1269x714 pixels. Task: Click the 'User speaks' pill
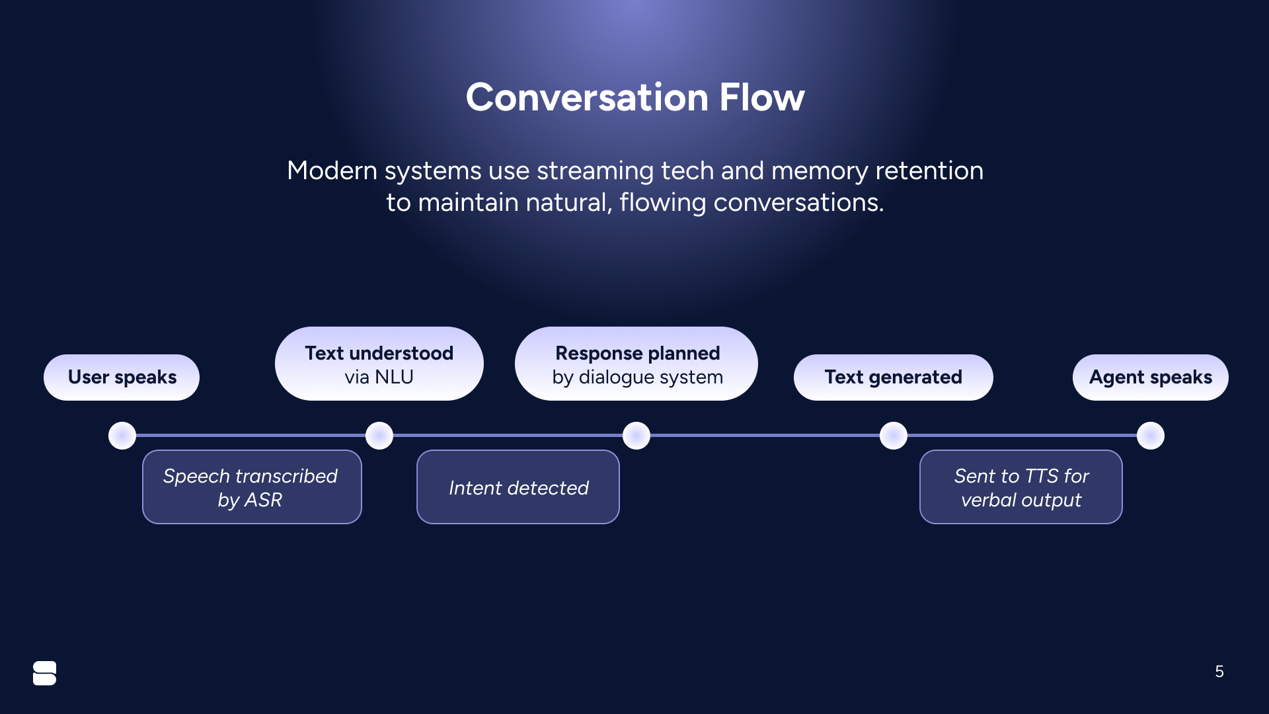point(122,377)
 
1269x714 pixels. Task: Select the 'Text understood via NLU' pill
point(379,364)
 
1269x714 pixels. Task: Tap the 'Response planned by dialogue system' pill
point(636,364)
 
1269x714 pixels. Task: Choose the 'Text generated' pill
point(893,377)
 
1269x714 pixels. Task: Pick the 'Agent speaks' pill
point(1150,377)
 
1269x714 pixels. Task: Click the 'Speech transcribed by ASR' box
point(252,487)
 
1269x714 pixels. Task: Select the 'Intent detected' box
point(518,487)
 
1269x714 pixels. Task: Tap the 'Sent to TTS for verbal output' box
point(1020,487)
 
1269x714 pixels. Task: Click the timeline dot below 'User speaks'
point(122,436)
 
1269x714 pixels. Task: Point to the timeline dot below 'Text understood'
point(379,436)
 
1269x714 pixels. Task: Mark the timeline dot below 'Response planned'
point(636,436)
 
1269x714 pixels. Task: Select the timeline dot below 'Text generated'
point(894,436)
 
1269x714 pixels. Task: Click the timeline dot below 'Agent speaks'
point(1151,436)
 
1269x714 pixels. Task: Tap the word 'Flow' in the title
point(762,98)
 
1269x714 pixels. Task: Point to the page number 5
point(1219,672)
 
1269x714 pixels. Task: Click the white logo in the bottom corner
point(44,673)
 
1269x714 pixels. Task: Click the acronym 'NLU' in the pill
point(394,377)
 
